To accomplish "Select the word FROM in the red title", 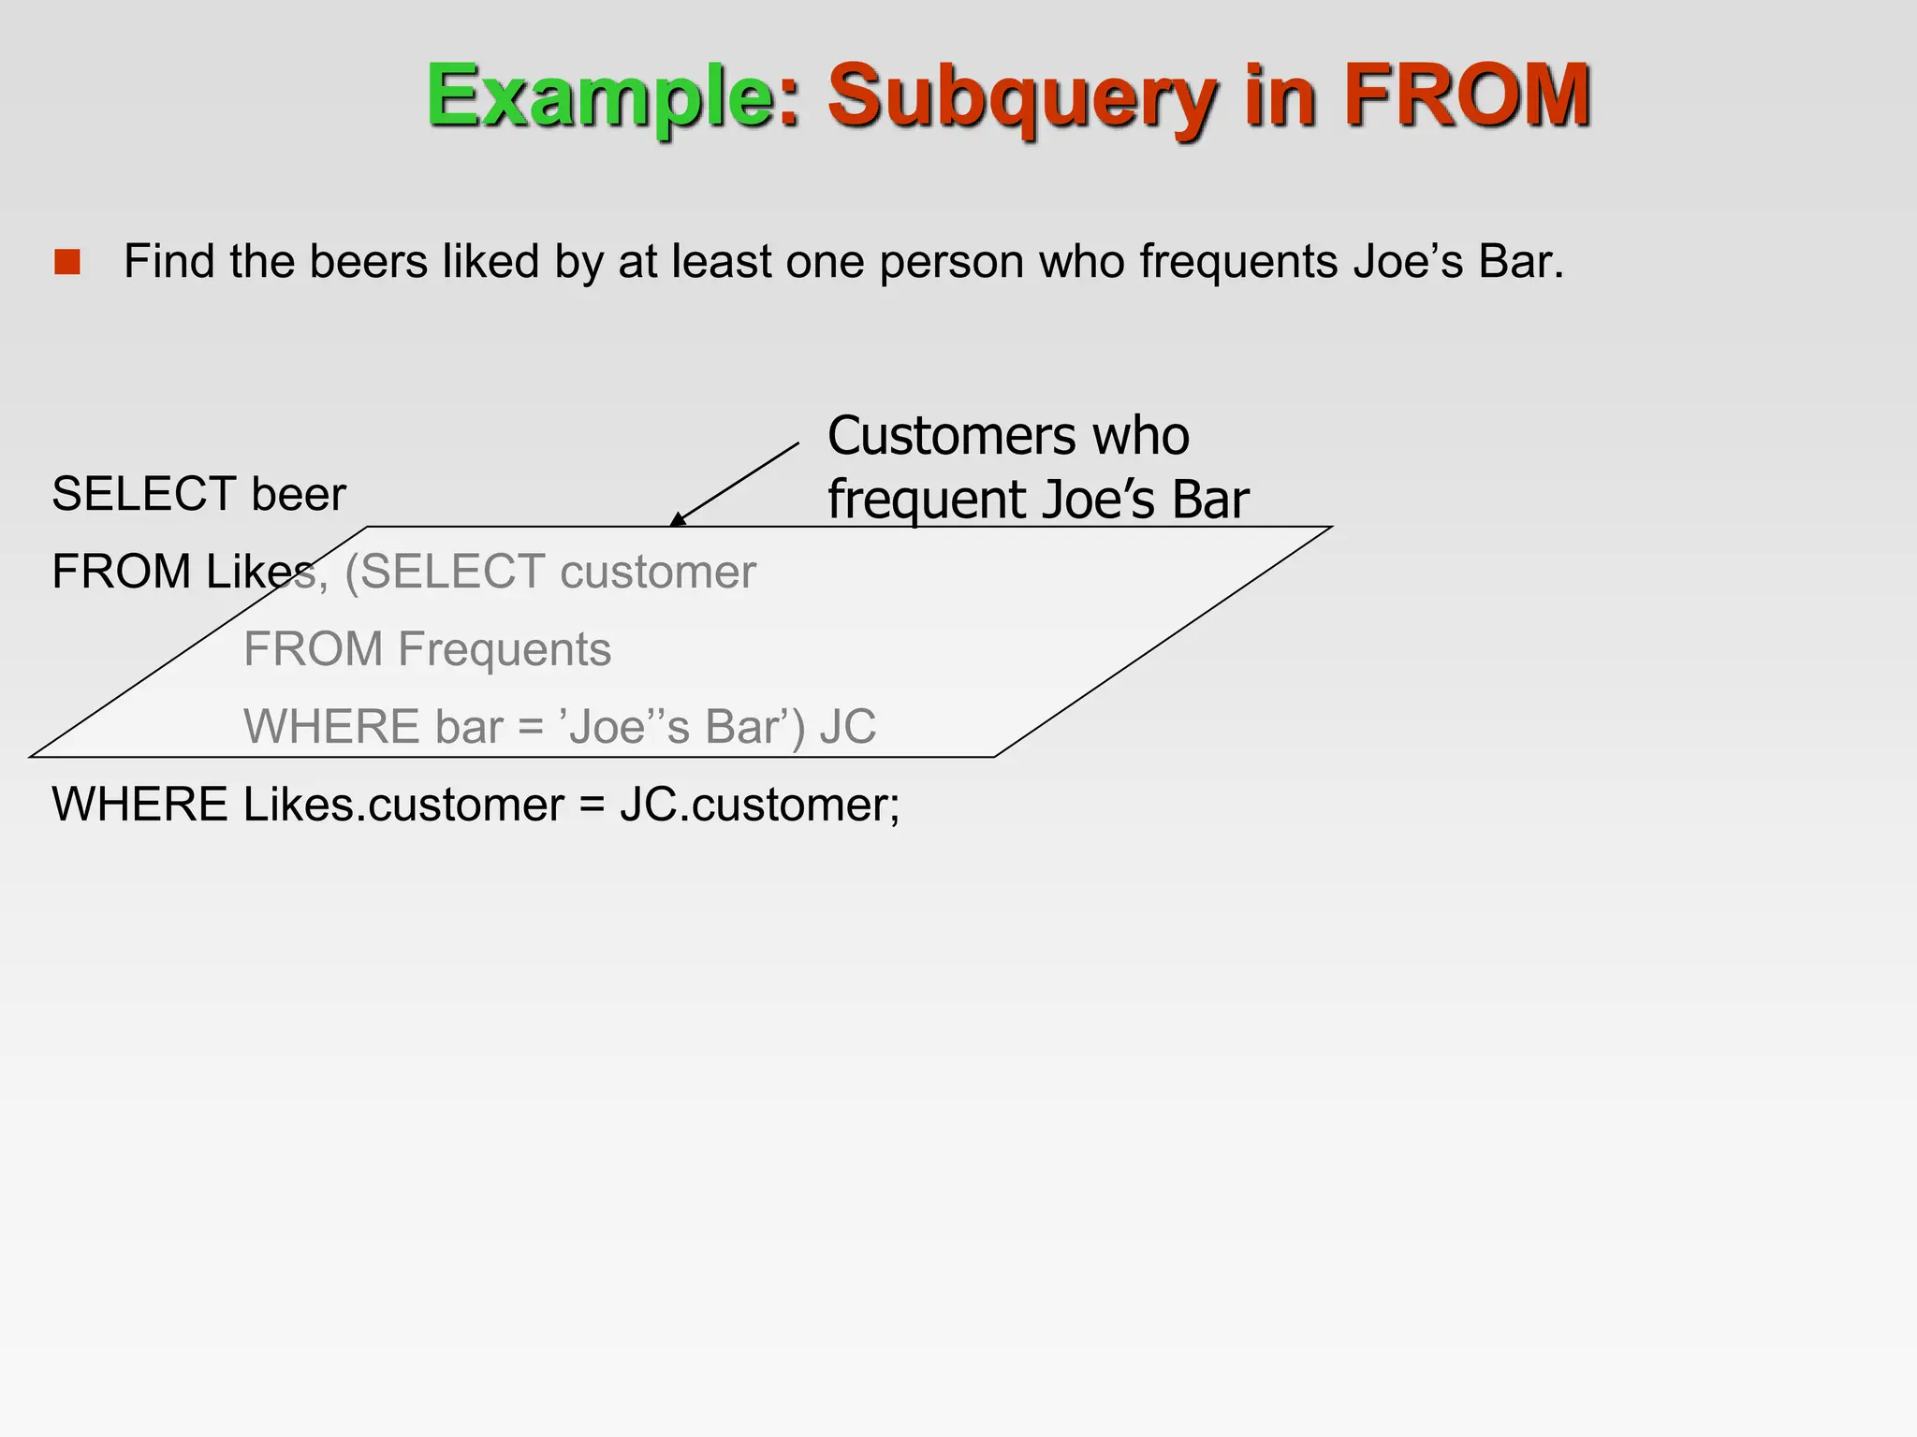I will (x=1467, y=95).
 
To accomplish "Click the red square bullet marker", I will (x=67, y=262).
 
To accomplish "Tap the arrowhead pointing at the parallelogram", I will (x=678, y=518).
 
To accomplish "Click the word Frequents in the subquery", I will (x=505, y=649).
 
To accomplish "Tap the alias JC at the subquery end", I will (x=848, y=727).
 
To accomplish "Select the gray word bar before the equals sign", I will (x=468, y=727).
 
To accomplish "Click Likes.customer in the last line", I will (x=402, y=805).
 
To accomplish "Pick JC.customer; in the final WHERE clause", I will (x=759, y=805).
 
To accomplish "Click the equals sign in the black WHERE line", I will (x=592, y=805).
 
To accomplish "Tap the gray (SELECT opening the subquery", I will (x=445, y=572).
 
